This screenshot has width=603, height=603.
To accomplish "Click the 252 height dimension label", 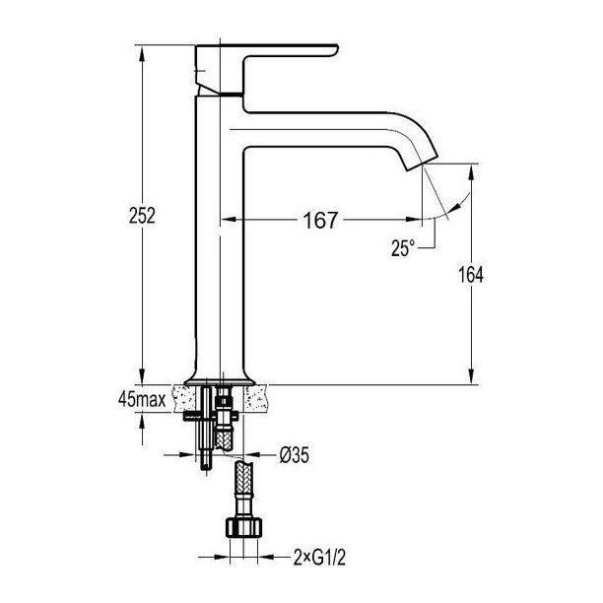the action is coord(142,216).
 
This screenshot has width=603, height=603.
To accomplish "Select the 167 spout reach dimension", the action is coord(320,220).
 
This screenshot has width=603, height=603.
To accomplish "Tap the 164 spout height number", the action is coord(471,275).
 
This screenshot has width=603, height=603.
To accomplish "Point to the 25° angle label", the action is coord(403,248).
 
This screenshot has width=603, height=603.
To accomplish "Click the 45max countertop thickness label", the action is coord(142,400).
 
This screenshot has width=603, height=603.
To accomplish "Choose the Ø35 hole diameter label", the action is coord(295,455).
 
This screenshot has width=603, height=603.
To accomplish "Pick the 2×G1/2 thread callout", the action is coord(319,558).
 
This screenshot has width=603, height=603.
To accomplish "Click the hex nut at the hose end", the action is coord(243,527).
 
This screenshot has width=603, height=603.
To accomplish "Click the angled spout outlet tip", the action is coord(423,163).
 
